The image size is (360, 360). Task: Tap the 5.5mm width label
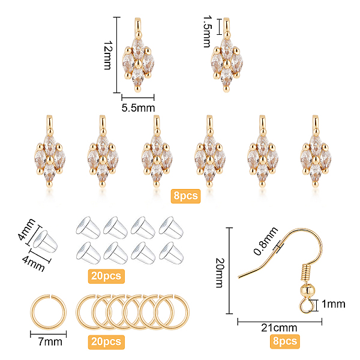[x=138, y=107]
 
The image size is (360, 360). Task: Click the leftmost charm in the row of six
[x=50, y=154]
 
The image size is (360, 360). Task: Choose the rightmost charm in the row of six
[x=314, y=154]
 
